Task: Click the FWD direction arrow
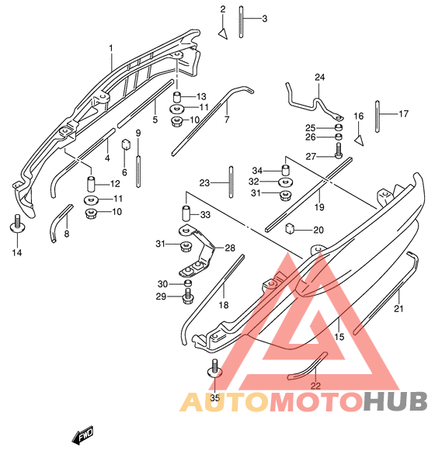click(83, 434)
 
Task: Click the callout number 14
click(17, 253)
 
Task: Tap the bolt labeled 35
click(214, 369)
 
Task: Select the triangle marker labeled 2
click(223, 33)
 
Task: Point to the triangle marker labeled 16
click(359, 140)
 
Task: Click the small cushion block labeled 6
click(126, 144)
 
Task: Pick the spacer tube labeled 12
click(91, 183)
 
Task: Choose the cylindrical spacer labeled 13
click(177, 96)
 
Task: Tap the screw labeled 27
click(339, 151)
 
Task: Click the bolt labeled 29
click(188, 296)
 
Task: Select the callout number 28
click(230, 248)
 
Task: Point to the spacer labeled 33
click(186, 213)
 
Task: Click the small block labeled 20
click(289, 229)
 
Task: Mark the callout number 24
click(319, 77)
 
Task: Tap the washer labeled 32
click(286, 182)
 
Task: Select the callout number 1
click(111, 48)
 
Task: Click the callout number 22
click(315, 386)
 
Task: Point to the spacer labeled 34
click(285, 170)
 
